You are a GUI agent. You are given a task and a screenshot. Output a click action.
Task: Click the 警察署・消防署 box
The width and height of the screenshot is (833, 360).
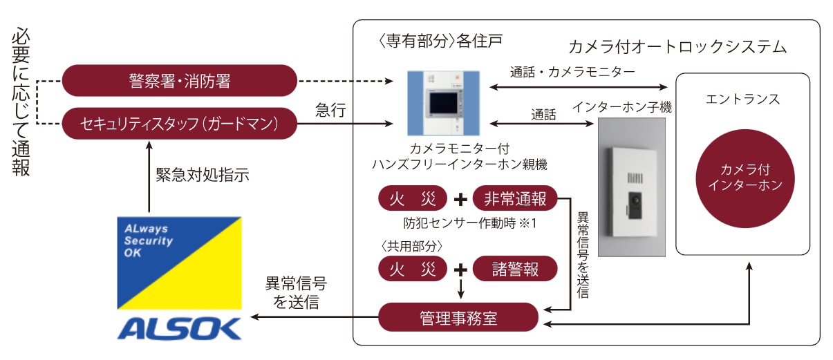click(x=179, y=81)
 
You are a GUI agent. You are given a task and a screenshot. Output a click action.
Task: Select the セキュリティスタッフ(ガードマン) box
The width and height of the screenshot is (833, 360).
click(x=179, y=124)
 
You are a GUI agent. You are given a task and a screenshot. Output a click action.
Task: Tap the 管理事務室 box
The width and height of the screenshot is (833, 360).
click(x=458, y=319)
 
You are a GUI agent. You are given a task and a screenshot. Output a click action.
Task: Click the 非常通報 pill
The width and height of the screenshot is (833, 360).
click(x=515, y=199)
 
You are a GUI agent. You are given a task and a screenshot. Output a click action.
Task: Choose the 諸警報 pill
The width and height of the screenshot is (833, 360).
click(x=515, y=267)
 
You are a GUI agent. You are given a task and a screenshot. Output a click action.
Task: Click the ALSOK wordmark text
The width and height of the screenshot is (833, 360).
click(x=179, y=328)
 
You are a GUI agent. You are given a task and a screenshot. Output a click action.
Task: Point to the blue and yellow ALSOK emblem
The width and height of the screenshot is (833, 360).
click(x=179, y=263)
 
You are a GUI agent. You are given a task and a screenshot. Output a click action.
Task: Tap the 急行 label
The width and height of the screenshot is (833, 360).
click(x=330, y=111)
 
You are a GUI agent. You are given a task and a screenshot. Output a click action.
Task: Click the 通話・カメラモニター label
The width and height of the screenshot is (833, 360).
click(x=572, y=71)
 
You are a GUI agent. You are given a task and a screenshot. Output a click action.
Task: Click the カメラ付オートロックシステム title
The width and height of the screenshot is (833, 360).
click(x=677, y=47)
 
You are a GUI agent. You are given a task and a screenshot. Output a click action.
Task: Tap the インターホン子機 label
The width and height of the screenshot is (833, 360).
click(x=622, y=107)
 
